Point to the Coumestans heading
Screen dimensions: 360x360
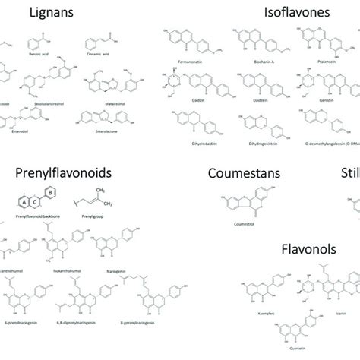(x=241, y=174)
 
